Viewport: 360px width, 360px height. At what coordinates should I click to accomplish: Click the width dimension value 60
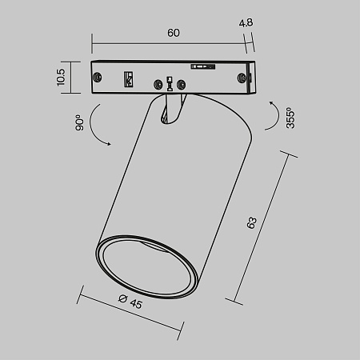(x=173, y=33)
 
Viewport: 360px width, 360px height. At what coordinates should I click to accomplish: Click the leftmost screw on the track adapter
(x=99, y=77)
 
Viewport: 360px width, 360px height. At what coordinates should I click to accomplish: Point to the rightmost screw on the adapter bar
(x=241, y=77)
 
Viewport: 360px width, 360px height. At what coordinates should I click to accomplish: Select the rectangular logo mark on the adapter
(x=127, y=78)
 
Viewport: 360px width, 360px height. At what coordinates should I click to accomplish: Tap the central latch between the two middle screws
(x=169, y=83)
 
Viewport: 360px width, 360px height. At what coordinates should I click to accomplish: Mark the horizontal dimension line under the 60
(x=173, y=43)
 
